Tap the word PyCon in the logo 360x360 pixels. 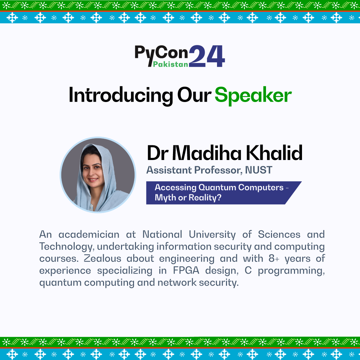(x=161, y=53)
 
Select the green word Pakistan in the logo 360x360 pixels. (x=171, y=64)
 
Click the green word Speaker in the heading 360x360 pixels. (x=253, y=96)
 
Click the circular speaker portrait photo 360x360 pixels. (x=98, y=175)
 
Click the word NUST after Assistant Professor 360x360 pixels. (x=259, y=170)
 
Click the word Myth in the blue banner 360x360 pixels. (x=165, y=198)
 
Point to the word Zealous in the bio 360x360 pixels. (x=103, y=258)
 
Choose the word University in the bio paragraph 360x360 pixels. (x=212, y=234)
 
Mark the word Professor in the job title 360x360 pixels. (x=216, y=170)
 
